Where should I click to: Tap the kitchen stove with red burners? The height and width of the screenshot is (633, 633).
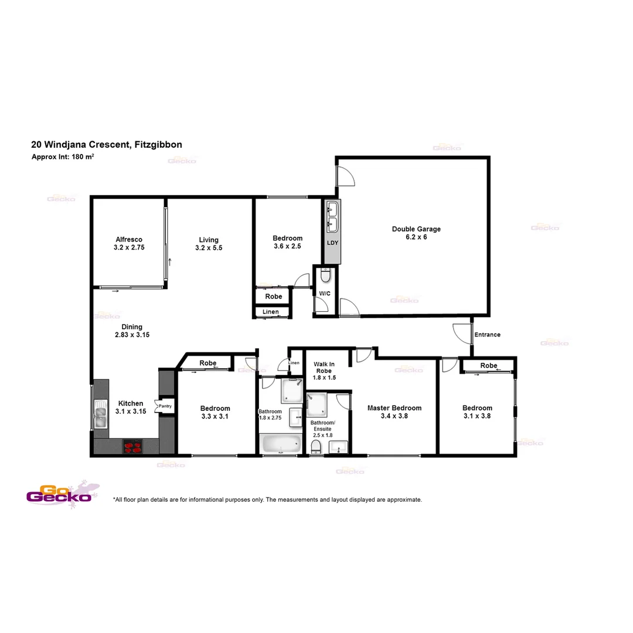coord(134,447)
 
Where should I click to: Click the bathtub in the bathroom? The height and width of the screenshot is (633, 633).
coord(280,444)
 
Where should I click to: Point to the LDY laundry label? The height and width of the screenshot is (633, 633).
coord(332,243)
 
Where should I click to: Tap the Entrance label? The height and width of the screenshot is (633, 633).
coord(487,335)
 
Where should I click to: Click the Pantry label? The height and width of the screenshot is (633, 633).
coord(165,406)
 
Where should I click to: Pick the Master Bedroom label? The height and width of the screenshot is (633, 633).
coord(394,408)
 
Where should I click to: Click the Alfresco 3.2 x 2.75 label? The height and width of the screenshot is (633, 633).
coord(129,243)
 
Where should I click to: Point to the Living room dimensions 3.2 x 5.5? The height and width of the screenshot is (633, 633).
coord(209,248)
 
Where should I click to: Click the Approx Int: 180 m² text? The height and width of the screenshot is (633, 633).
coord(63,157)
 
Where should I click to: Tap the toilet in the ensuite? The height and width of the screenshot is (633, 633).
coord(316,447)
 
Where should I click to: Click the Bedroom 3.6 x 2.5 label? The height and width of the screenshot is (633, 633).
coord(287,242)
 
